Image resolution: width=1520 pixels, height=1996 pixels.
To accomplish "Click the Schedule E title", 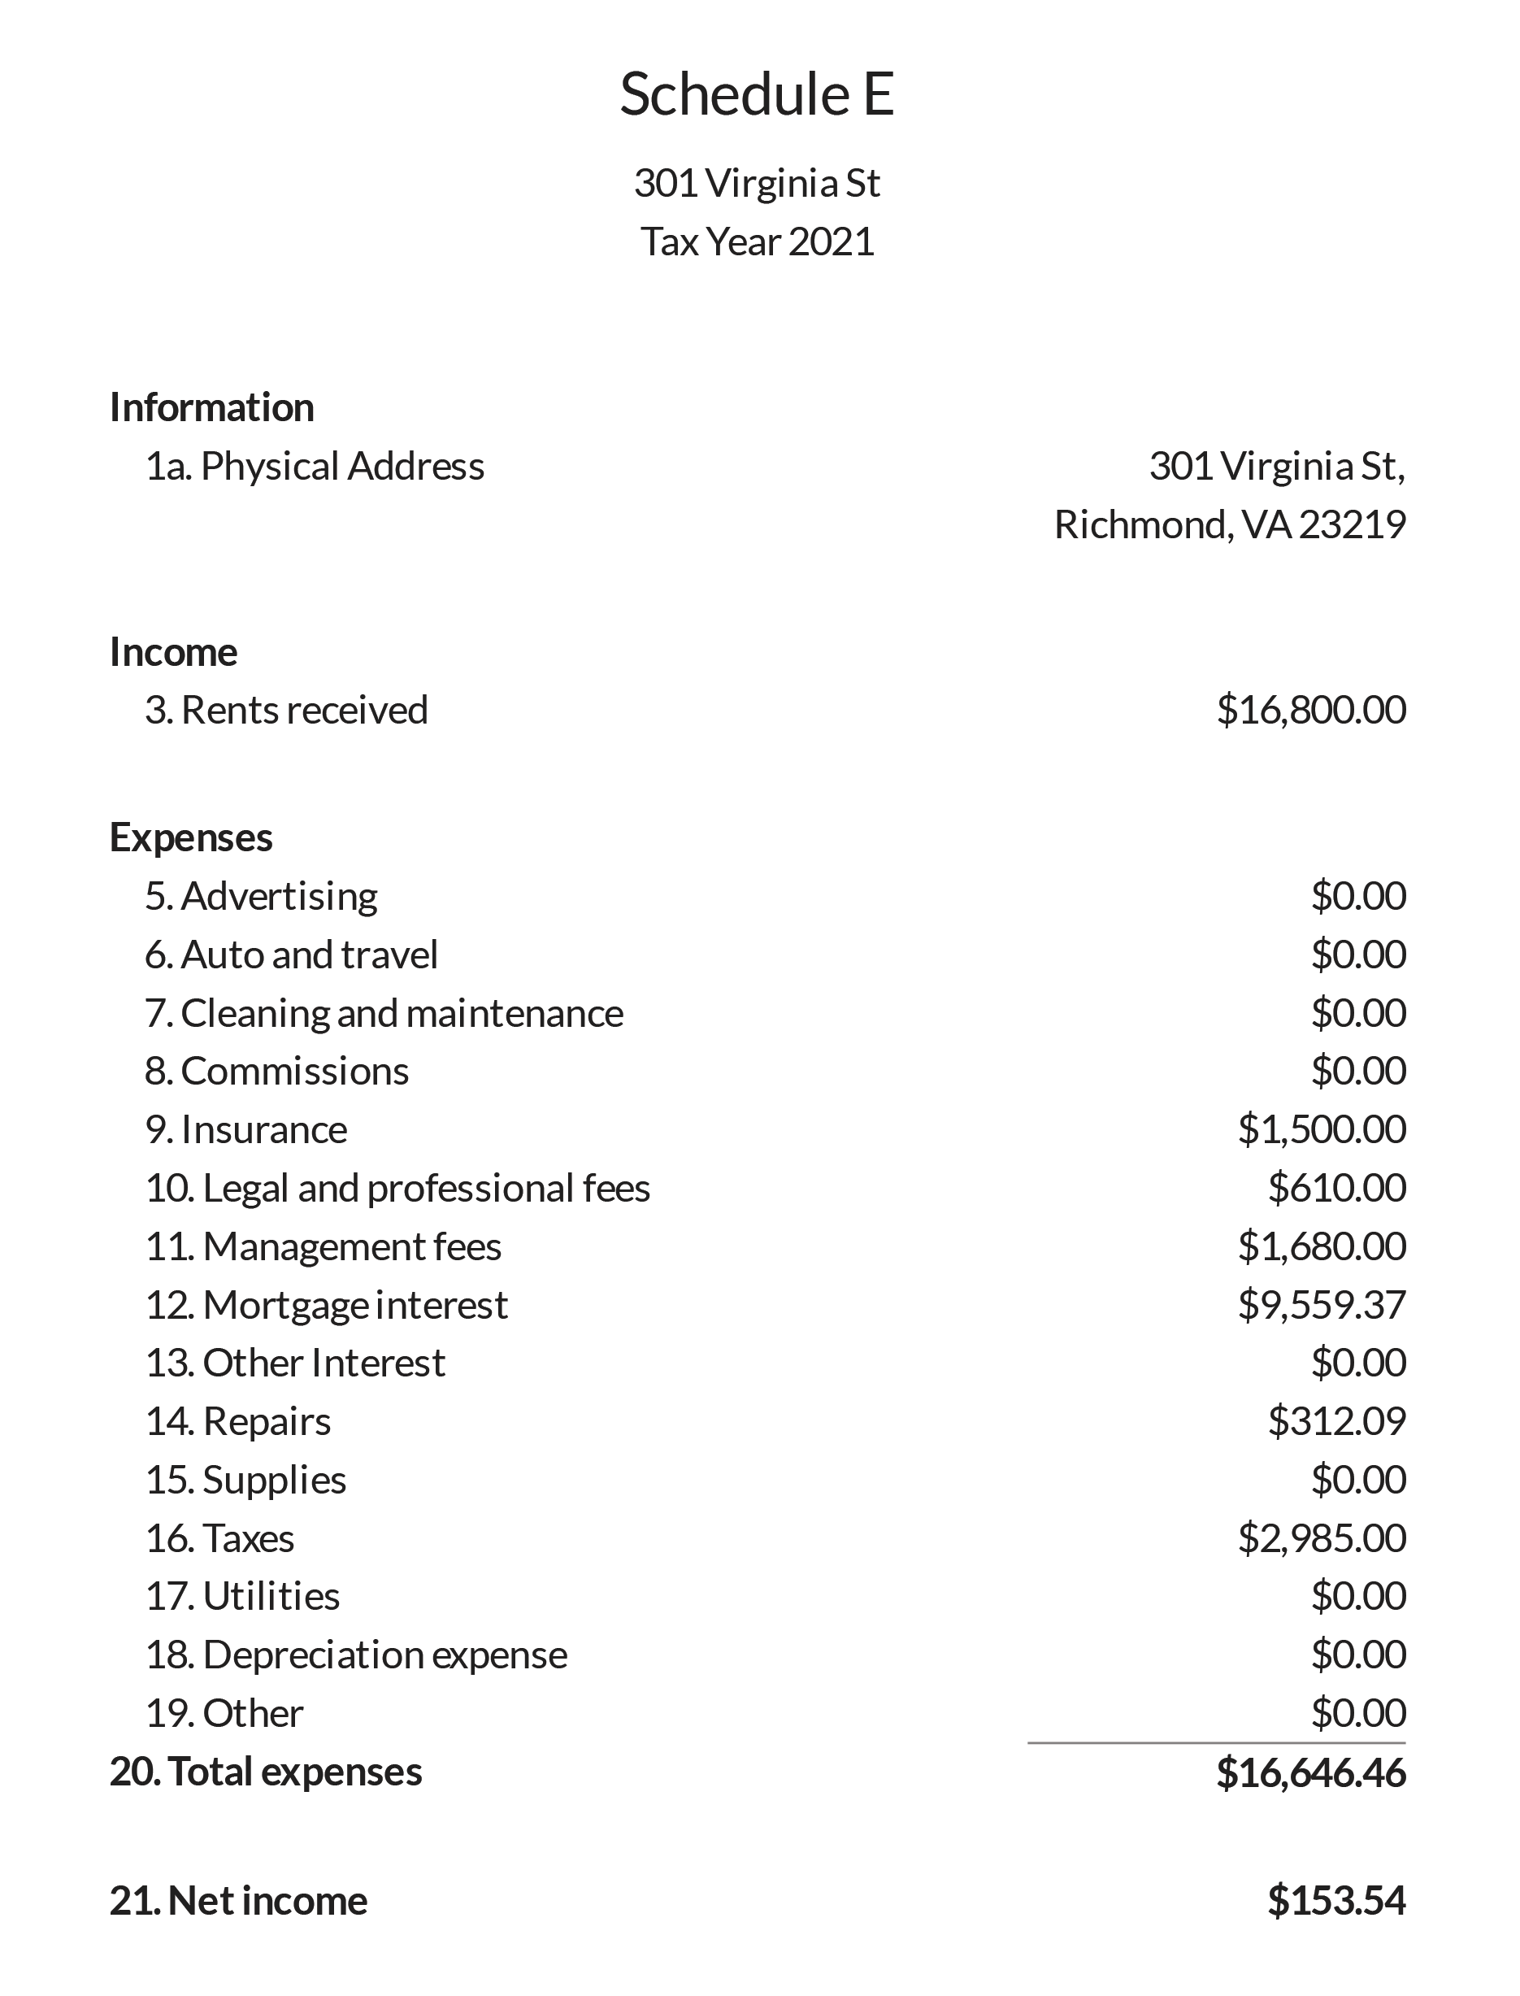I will pyautogui.click(x=758, y=94).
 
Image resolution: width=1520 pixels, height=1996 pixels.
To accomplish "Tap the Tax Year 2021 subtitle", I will pyautogui.click(x=758, y=241).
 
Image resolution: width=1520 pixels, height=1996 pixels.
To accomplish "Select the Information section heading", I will pyautogui.click(x=211, y=407).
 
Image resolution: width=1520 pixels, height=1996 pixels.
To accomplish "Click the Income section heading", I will pyautogui.click(x=173, y=651).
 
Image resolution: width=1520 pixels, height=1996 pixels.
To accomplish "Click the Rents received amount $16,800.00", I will pyautogui.click(x=1311, y=711).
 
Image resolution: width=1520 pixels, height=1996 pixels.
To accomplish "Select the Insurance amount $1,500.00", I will pyautogui.click(x=1322, y=1129).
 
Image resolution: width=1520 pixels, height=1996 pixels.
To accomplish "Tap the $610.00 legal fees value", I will pyautogui.click(x=1336, y=1188).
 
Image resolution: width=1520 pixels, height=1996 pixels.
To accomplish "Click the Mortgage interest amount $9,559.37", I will pyautogui.click(x=1322, y=1305).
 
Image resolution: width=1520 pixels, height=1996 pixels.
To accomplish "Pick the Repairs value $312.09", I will pyautogui.click(x=1336, y=1421).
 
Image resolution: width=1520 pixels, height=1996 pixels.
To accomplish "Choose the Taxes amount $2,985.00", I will pyautogui.click(x=1322, y=1538).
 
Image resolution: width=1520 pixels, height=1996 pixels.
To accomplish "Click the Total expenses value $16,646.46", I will pyautogui.click(x=1311, y=1772).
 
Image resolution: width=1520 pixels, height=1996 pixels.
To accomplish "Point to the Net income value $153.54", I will pyautogui.click(x=1336, y=1901).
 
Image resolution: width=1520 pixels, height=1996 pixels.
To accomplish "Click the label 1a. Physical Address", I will pyautogui.click(x=315, y=466).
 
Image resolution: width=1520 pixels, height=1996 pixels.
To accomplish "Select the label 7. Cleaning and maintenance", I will pyautogui.click(x=384, y=1012).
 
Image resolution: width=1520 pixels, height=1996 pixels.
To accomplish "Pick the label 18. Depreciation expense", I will pyautogui.click(x=355, y=1655).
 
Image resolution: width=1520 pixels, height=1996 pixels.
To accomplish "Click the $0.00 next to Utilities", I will pyautogui.click(x=1358, y=1596).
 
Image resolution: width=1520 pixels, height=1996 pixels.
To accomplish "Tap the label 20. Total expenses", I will pyautogui.click(x=265, y=1772).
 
